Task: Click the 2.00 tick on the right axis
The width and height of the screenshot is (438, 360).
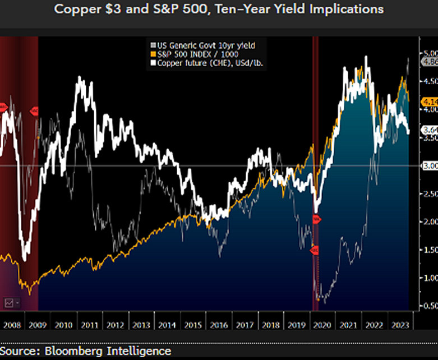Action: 428,221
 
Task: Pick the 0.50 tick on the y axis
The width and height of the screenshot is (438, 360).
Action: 428,306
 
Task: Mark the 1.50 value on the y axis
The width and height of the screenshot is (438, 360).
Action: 428,250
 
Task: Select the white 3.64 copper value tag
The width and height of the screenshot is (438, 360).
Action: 428,130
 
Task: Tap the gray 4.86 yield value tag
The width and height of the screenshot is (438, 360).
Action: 428,62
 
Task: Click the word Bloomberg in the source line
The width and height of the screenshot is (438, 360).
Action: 79,351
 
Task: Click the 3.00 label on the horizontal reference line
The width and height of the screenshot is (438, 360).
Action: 428,166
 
